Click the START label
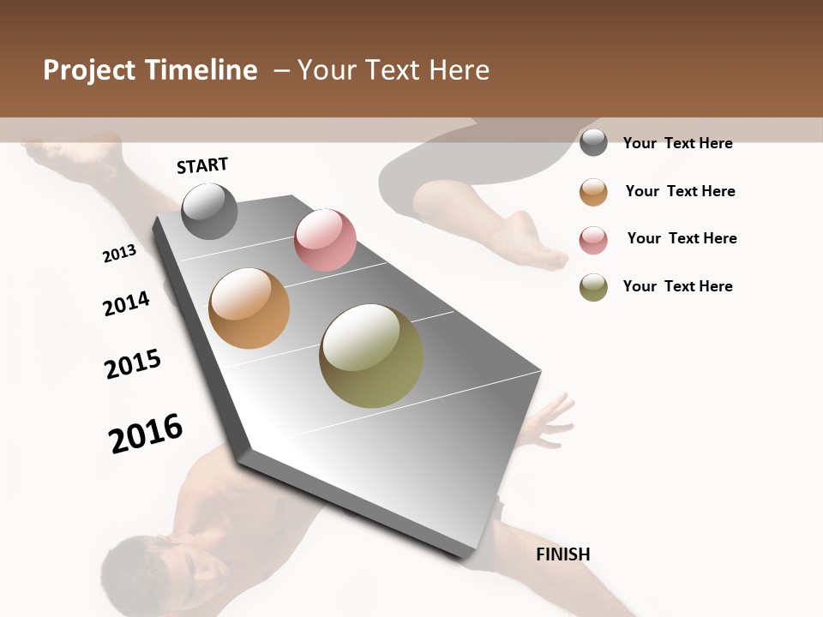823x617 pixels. (202, 165)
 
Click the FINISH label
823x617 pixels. (562, 554)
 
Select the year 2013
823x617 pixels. (119, 254)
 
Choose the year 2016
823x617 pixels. (146, 434)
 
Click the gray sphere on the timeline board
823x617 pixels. (209, 211)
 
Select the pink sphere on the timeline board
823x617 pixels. (325, 240)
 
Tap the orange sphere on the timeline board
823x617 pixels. (249, 308)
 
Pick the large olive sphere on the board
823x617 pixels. (371, 356)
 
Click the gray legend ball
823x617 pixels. (593, 142)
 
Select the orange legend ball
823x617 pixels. (593, 191)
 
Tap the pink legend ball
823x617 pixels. (593, 239)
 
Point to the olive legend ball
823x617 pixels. (593, 287)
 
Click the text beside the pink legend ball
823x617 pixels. (682, 238)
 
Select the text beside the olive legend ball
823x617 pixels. (677, 286)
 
